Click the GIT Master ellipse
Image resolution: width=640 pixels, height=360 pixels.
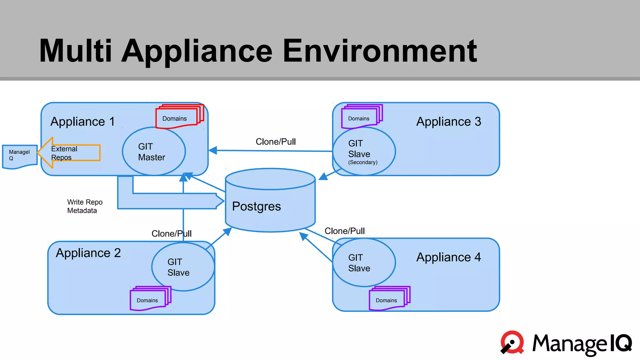(x=154, y=151)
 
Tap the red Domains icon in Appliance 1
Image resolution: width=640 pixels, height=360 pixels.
(x=178, y=117)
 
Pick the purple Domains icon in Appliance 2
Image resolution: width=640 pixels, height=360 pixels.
(x=149, y=299)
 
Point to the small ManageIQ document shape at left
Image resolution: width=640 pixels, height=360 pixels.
(x=19, y=156)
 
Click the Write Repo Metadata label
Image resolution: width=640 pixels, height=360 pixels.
(x=85, y=206)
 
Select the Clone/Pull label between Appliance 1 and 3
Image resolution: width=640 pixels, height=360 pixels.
(x=276, y=142)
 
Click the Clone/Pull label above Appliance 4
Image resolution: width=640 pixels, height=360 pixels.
(x=344, y=231)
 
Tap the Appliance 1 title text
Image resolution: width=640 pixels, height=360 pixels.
(x=82, y=122)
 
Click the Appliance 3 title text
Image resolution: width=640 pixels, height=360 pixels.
(x=448, y=122)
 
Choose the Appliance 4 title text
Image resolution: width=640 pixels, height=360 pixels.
(x=448, y=257)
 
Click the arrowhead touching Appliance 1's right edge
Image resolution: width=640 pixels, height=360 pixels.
(x=213, y=150)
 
